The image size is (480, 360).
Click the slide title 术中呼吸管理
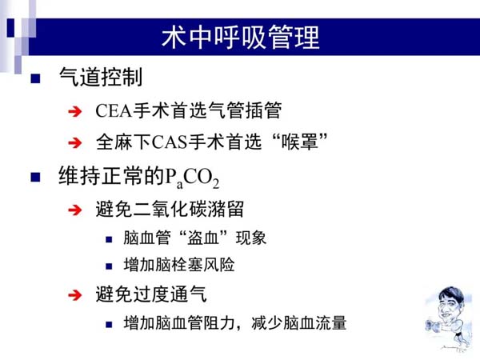pos(241,38)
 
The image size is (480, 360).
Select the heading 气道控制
pos(101,77)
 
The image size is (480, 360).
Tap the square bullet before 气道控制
pos(35,78)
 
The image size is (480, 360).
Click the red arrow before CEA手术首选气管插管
pos(75,111)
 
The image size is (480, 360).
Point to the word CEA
pos(114,110)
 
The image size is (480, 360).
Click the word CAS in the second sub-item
pos(170,142)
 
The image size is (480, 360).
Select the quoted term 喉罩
pos(300,142)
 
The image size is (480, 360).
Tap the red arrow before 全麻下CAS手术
pos(75,143)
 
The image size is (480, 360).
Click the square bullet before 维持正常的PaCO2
pos(35,178)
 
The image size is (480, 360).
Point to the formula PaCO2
pos(192,178)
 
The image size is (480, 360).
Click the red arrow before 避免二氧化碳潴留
pos(75,210)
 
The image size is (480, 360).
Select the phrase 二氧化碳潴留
pos(189,210)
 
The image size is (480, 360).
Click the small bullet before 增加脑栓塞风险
pos(109,266)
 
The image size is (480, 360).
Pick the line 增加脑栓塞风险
pos(179,265)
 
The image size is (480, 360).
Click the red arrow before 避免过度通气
pos(75,295)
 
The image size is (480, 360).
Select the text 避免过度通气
pos(151,294)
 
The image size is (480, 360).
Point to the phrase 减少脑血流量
pos(299,323)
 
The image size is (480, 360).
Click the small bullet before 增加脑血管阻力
pos(109,325)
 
